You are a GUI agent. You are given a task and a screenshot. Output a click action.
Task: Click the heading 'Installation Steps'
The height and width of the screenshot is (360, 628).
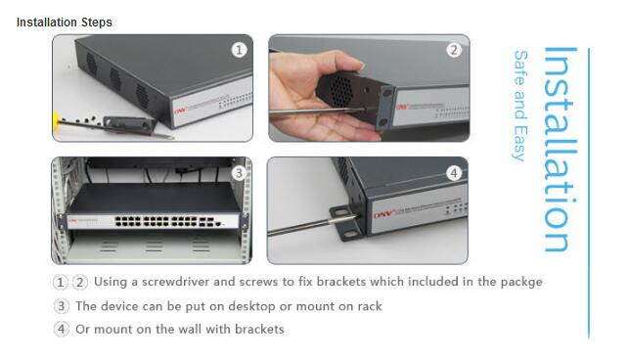click(64, 22)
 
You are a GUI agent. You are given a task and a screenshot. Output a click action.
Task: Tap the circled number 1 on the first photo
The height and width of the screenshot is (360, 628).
click(240, 50)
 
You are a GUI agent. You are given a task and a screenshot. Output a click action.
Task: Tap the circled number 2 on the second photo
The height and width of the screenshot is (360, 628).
click(453, 50)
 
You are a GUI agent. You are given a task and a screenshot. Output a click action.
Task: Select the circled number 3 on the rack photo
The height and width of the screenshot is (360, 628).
click(239, 172)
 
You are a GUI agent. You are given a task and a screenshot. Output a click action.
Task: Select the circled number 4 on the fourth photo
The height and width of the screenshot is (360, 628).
click(453, 173)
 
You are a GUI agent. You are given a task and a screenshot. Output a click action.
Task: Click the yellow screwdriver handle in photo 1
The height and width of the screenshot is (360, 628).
click(62, 124)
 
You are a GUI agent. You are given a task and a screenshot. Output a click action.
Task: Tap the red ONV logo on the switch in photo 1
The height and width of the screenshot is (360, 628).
click(180, 111)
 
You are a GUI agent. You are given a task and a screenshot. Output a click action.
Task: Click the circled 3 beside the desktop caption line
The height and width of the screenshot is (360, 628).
click(61, 305)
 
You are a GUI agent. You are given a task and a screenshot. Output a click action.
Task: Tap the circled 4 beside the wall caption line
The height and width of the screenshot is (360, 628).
click(61, 329)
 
